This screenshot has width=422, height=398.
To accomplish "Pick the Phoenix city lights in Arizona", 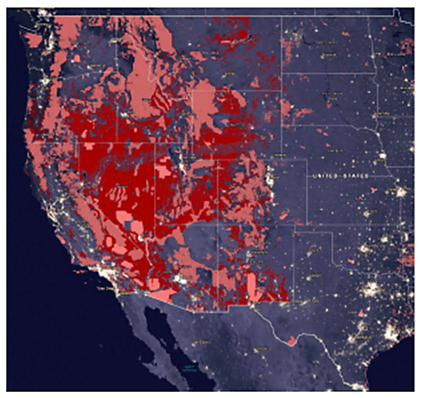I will pyautogui.click(x=181, y=279).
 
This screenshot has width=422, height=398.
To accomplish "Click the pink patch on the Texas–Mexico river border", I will pyautogui.click(x=291, y=340).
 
